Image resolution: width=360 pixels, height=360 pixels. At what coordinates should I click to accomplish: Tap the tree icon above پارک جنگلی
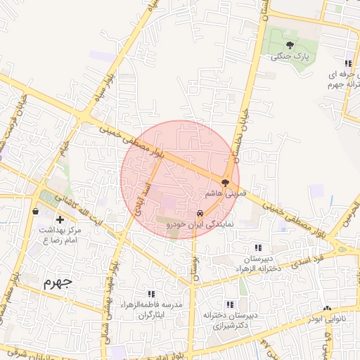(290, 45)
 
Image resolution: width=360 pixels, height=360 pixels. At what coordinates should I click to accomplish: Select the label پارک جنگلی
(290, 56)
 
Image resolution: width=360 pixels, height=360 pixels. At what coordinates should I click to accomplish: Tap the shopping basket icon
(35, 211)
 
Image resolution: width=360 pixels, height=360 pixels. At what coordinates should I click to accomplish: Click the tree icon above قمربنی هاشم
(225, 182)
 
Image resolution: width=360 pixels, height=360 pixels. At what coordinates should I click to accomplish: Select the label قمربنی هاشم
(224, 192)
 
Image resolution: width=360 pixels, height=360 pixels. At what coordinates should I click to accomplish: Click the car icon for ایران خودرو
(200, 212)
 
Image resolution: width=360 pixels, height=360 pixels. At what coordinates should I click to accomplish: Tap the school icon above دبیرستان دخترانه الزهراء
(258, 247)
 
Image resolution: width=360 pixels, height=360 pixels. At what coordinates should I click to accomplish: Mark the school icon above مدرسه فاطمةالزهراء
(150, 294)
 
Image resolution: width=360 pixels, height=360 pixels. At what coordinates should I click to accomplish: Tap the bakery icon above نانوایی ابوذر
(326, 308)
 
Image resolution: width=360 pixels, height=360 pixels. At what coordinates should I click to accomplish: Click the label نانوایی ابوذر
(327, 319)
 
